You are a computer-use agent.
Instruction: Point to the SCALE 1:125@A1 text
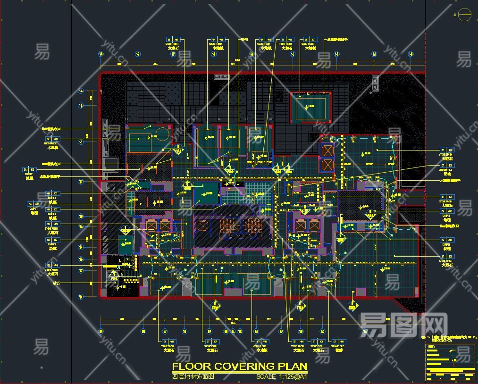[282, 377]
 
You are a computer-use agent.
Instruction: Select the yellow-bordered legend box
[450, 363]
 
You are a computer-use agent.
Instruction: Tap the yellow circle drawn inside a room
[162, 134]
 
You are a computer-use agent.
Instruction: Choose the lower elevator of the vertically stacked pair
[327, 165]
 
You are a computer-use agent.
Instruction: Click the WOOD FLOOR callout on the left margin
[52, 143]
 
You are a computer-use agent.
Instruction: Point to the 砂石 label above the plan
[244, 40]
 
